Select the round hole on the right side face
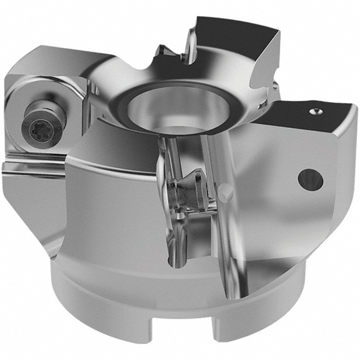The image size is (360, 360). coord(310,179)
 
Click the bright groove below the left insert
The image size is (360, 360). coord(33,168)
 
